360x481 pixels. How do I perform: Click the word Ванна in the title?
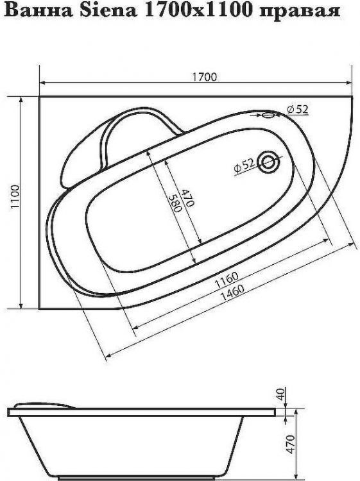(x=26, y=12)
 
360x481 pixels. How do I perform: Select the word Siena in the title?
(x=80, y=12)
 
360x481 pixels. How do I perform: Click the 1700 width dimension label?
(x=204, y=77)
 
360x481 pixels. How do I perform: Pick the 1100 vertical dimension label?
(x=15, y=200)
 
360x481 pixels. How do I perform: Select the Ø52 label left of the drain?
(x=245, y=165)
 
